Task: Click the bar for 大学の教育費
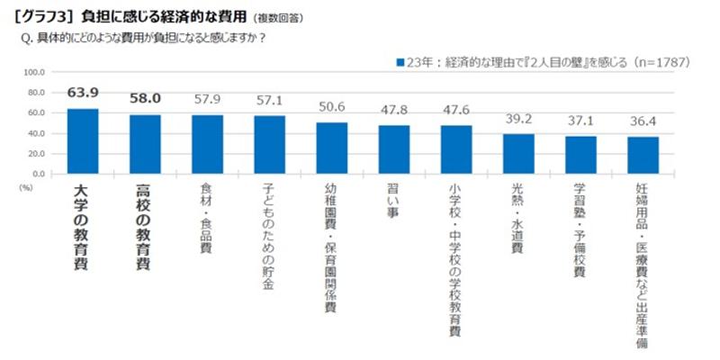coord(83,140)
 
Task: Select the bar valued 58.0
coord(145,143)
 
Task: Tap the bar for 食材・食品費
coord(207,143)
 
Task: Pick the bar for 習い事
coord(394,148)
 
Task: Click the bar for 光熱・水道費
coord(518,153)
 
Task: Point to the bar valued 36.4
coord(643,154)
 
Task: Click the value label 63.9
coord(83,94)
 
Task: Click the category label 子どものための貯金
coord(269,238)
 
